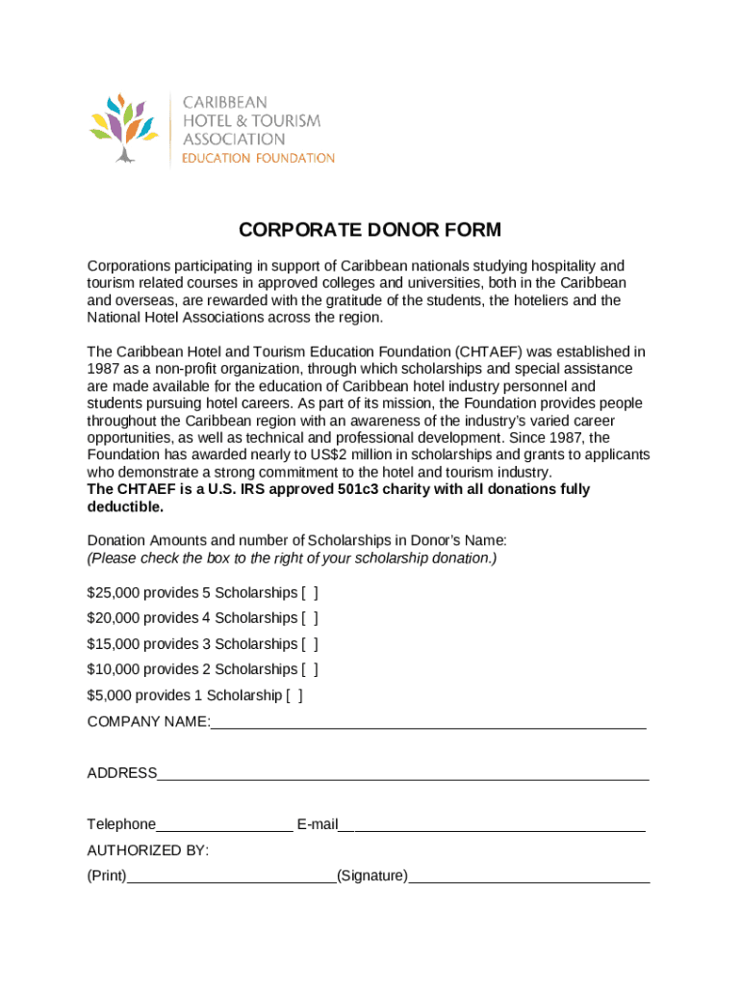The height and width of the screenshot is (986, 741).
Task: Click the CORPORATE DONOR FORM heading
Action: (x=370, y=230)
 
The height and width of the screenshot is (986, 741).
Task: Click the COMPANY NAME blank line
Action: (x=428, y=724)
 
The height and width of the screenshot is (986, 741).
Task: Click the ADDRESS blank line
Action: (x=402, y=775)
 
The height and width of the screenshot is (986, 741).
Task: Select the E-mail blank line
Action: (x=492, y=826)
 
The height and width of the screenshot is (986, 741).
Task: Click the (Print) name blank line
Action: (x=231, y=878)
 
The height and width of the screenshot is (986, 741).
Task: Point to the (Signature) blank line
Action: (x=528, y=878)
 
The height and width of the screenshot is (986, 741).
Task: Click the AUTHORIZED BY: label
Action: (x=148, y=850)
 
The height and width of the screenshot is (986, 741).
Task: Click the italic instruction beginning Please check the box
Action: (x=292, y=558)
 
